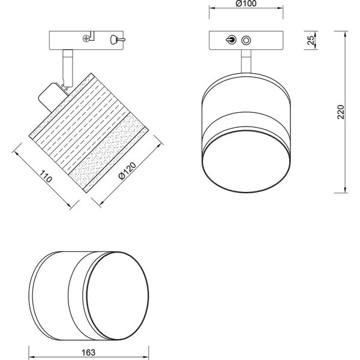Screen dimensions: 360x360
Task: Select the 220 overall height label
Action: pyautogui.click(x=341, y=112)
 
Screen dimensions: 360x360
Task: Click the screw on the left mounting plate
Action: pyautogui.click(x=88, y=39)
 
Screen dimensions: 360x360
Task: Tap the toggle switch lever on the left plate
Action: pyautogui.click(x=114, y=40)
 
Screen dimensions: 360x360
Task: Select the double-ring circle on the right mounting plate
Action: pyautogui.click(x=245, y=41)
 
